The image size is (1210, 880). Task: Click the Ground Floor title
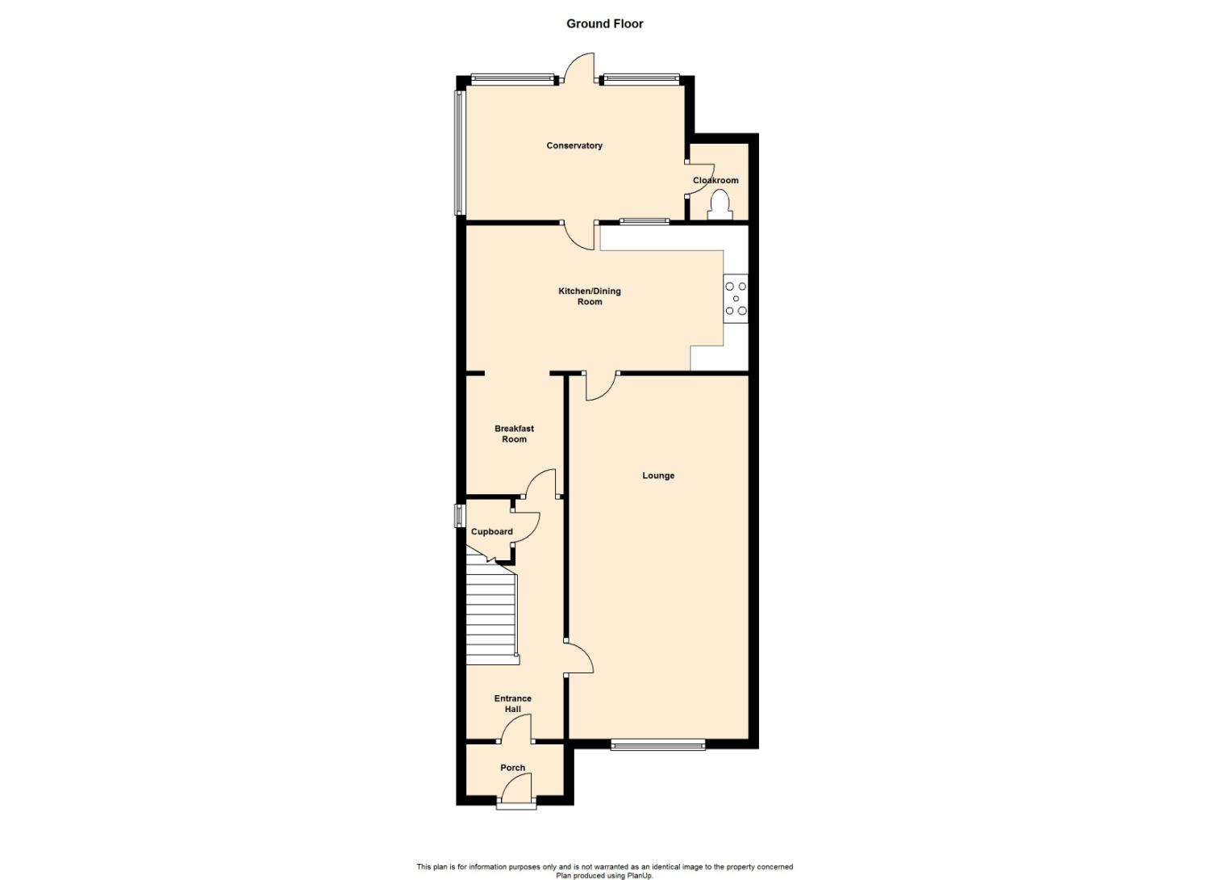[604, 23]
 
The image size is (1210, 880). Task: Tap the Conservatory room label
[574, 145]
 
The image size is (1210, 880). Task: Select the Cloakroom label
[716, 180]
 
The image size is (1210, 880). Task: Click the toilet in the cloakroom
[720, 205]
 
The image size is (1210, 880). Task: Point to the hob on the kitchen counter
[736, 299]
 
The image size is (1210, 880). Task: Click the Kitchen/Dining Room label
[590, 296]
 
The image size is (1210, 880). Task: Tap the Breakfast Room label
[515, 434]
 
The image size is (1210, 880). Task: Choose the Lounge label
[658, 476]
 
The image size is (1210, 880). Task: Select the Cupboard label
[491, 531]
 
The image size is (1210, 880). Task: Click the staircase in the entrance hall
[491, 613]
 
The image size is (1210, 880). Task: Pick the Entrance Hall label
[512, 704]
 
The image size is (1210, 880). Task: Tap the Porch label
[512, 768]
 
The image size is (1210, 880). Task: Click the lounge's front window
[658, 746]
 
